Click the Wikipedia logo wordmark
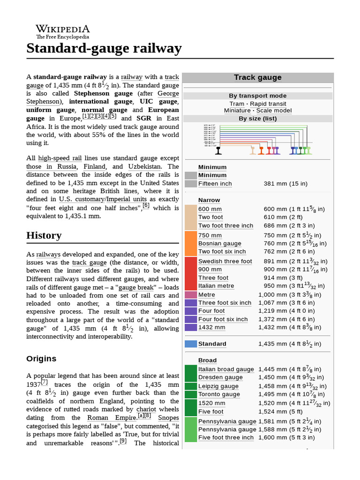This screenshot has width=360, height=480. pyautogui.click(x=62, y=29)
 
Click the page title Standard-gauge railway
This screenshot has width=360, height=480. pyautogui.click(x=104, y=48)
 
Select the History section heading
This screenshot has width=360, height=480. pyautogui.click(x=44, y=235)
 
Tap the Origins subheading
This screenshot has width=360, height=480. pyautogui.click(x=41, y=359)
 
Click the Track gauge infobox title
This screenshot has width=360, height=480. pyautogui.click(x=257, y=77)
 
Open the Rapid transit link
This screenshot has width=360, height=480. pyautogui.click(x=269, y=104)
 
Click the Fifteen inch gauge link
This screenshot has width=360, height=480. pyautogui.click(x=215, y=184)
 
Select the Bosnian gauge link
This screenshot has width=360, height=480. pyautogui.click(x=219, y=243)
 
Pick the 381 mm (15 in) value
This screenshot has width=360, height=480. pyautogui.click(x=285, y=184)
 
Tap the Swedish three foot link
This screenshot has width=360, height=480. pyautogui.click(x=225, y=261)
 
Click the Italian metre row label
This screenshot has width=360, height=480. pyautogui.click(x=216, y=286)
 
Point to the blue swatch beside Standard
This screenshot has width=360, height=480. pyautogui.click(x=191, y=344)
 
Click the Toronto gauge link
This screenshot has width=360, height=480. pyautogui.click(x=219, y=394)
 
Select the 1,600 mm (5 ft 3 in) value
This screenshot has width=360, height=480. pyautogui.click(x=289, y=437)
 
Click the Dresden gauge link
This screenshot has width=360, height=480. pyautogui.click(x=220, y=377)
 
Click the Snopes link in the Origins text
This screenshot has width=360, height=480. pyautogui.click(x=168, y=417)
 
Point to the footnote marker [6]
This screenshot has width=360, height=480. pyautogui.click(x=146, y=205)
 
